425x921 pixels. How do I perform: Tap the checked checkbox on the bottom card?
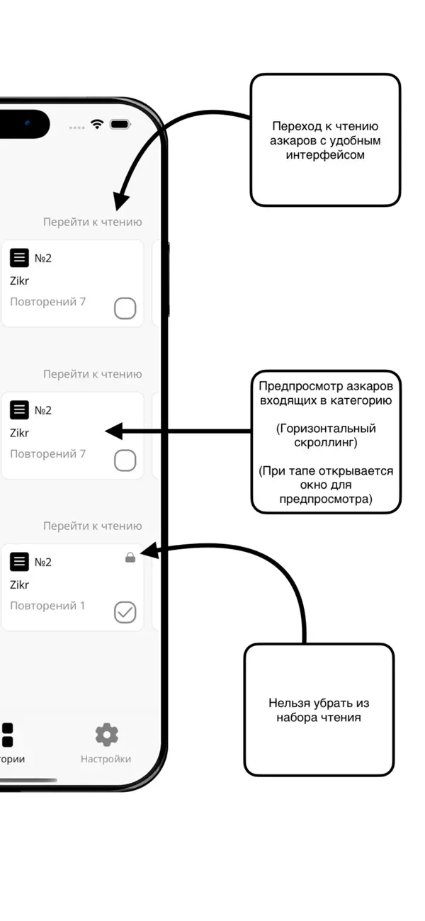click(125, 612)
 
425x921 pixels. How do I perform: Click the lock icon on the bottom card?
click(130, 558)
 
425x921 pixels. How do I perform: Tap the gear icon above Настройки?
click(106, 735)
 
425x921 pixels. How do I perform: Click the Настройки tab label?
click(106, 759)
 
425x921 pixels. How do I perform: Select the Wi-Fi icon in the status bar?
click(97, 124)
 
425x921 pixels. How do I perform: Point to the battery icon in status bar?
click(120, 124)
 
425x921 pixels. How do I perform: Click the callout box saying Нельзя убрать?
click(319, 709)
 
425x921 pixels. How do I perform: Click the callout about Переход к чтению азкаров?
click(325, 140)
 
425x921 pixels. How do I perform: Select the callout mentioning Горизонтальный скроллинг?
click(326, 442)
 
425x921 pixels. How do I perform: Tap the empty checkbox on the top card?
click(125, 308)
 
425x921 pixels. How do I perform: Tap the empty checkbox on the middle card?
click(125, 460)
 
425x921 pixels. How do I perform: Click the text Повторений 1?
click(47, 606)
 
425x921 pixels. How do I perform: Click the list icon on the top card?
click(20, 258)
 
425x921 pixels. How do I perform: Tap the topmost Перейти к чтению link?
click(92, 222)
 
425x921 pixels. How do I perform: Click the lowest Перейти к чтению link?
click(92, 526)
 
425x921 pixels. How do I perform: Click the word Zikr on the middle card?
click(20, 433)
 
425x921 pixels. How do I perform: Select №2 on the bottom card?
click(43, 562)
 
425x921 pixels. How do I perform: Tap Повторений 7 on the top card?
click(47, 302)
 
